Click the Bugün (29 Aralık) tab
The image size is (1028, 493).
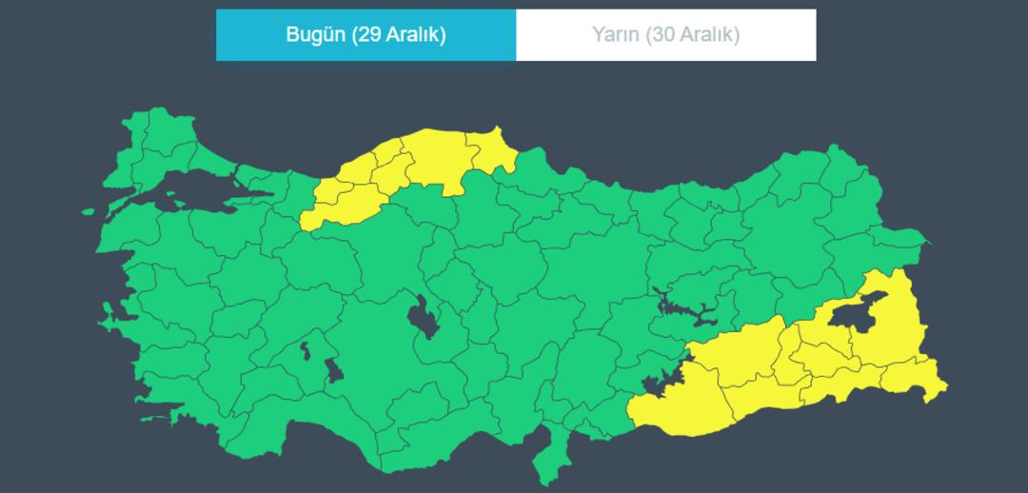coord(366,35)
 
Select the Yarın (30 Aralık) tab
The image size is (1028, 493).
coord(665,35)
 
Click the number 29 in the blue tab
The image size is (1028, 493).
coord(369,35)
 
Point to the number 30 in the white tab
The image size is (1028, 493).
coord(663,35)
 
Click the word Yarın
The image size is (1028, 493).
coord(615,35)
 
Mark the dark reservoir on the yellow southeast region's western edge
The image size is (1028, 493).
coord(658,384)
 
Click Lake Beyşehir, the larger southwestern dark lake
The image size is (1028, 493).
coord(333,369)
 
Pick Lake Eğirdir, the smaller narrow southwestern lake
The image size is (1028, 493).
coord(306,350)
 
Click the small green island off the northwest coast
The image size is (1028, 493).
coord(88,212)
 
